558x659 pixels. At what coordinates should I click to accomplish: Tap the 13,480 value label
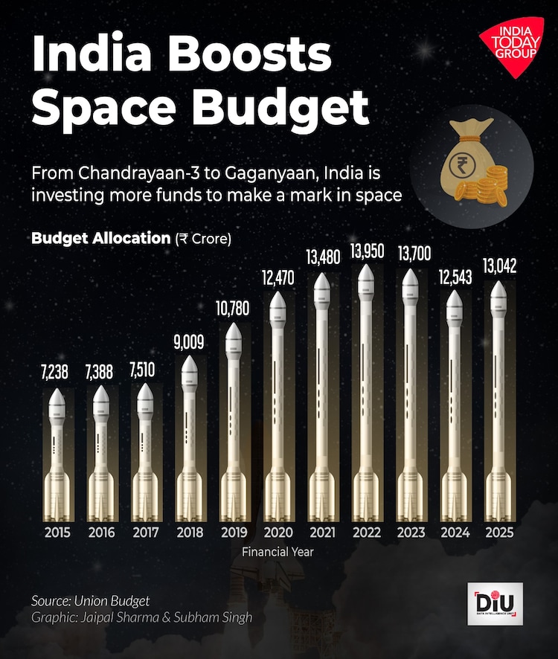point(321,257)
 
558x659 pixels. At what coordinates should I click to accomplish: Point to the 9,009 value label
point(190,342)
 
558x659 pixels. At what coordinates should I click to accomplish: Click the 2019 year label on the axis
point(234,533)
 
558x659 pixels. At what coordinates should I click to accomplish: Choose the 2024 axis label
point(455,533)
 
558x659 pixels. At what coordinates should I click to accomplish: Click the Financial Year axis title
point(278,552)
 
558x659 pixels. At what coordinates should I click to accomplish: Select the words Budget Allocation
point(101,238)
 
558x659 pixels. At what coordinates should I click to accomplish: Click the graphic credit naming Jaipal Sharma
point(142,618)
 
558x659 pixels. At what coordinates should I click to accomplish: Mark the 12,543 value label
point(455,274)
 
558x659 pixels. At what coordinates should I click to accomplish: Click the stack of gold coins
point(492,183)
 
